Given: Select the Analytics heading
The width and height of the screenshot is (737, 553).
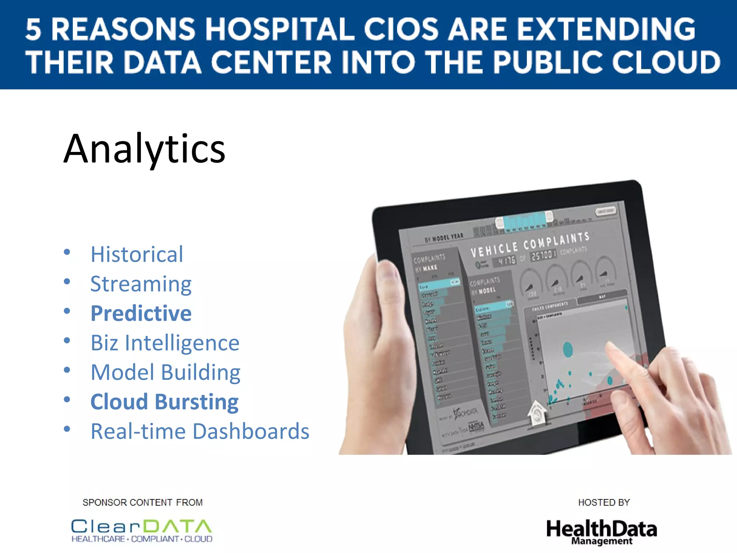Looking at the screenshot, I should pos(144,149).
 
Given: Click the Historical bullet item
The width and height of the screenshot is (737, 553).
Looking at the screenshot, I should pos(137,254).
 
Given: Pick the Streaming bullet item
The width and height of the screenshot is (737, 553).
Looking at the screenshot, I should pos(141,284).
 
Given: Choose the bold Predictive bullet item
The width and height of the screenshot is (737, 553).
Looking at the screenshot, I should pos(141,313).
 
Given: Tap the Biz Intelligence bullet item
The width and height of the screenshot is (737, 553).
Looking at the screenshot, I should pos(165,343).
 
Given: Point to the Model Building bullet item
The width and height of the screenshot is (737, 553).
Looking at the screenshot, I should pos(165,372).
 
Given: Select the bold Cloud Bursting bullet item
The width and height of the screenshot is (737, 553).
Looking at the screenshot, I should pos(164,402).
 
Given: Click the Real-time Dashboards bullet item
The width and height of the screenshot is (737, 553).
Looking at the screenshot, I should pos(200,431).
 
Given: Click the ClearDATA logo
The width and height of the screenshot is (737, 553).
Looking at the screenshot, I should pos(142,530).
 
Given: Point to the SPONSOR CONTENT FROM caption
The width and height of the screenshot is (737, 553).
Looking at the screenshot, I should pos(143,502).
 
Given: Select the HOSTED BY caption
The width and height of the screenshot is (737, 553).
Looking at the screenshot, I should pos(604,502).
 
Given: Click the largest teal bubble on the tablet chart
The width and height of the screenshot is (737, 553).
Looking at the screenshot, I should pos(568,349).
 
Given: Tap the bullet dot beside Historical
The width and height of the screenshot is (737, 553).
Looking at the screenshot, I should pos(67,252).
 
